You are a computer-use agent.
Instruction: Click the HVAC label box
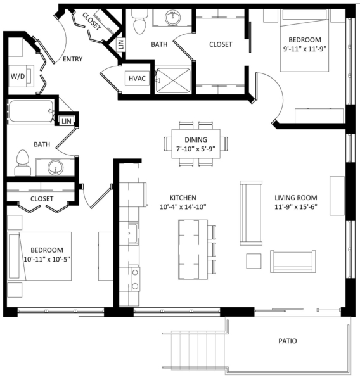(137, 79)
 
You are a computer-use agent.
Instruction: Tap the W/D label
(18, 77)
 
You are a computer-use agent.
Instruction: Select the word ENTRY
(72, 59)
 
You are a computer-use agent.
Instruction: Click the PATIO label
(288, 341)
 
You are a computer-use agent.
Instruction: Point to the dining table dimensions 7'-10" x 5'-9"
(196, 149)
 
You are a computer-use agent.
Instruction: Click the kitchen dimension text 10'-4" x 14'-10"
(183, 207)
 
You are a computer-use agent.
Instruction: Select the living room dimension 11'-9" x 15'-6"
(296, 207)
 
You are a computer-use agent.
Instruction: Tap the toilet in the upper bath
(139, 22)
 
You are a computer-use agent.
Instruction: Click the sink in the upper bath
(172, 18)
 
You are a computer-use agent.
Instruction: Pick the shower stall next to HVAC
(173, 80)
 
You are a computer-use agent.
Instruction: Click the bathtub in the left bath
(31, 111)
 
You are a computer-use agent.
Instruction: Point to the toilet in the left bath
(23, 163)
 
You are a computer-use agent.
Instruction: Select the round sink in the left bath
(56, 167)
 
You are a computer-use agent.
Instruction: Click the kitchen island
(193, 250)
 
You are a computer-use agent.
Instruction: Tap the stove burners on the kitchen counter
(135, 279)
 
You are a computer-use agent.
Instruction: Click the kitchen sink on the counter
(133, 233)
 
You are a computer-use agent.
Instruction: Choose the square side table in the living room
(254, 261)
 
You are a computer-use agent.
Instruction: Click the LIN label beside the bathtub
(67, 121)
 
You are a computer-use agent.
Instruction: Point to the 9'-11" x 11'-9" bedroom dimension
(305, 49)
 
